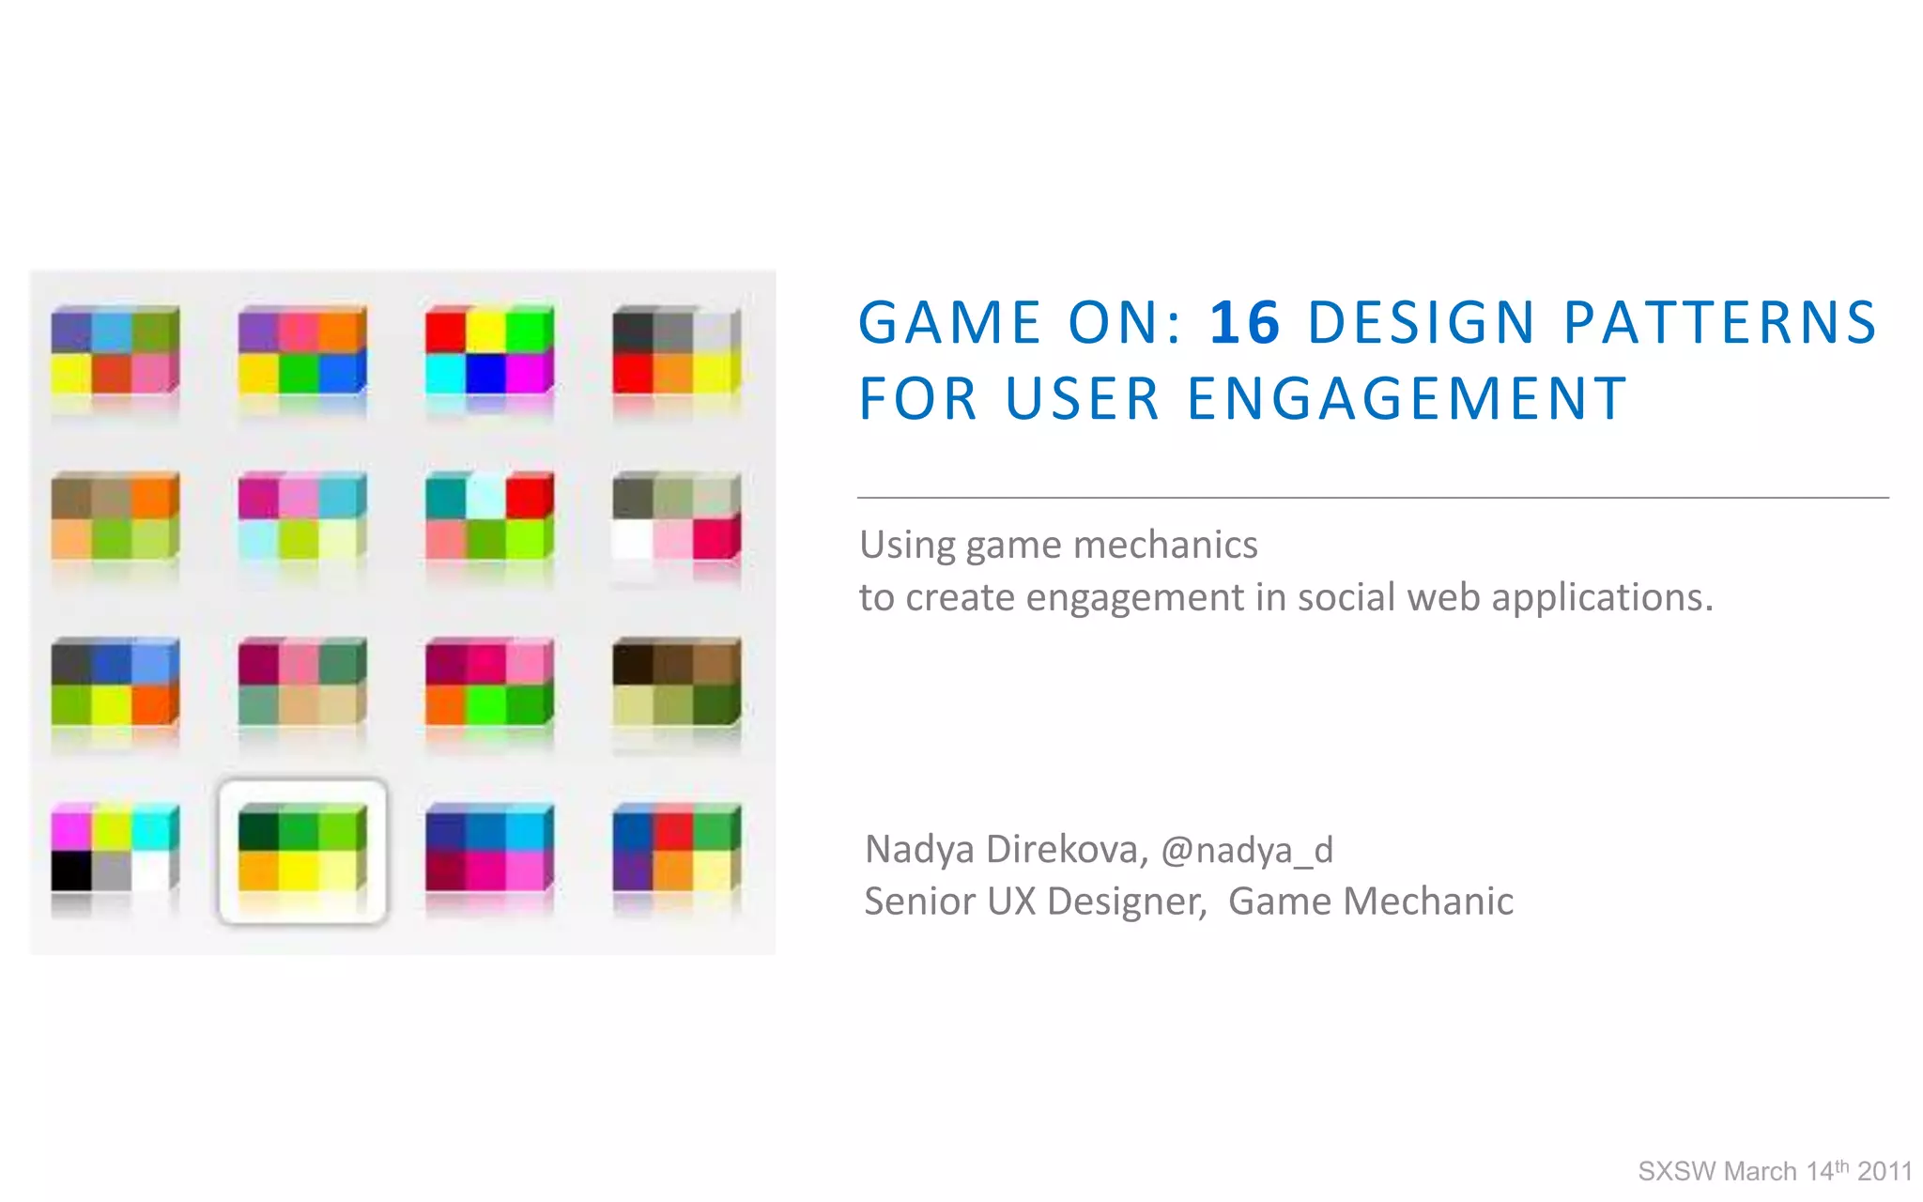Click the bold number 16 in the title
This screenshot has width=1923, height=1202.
pos(1244,323)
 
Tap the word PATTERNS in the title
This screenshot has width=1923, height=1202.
pos(1719,323)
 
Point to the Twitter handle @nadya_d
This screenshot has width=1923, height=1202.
pos(1247,850)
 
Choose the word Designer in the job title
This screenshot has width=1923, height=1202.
pos(1126,901)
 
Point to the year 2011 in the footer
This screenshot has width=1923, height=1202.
pos(1885,1172)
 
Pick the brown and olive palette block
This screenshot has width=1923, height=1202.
pos(676,682)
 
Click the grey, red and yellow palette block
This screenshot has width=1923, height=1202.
pos(676,351)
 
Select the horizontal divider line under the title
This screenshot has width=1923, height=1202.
pos(1372,498)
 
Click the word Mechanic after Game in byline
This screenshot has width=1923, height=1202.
pos(1428,901)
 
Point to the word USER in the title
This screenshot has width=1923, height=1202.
pos(1082,398)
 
